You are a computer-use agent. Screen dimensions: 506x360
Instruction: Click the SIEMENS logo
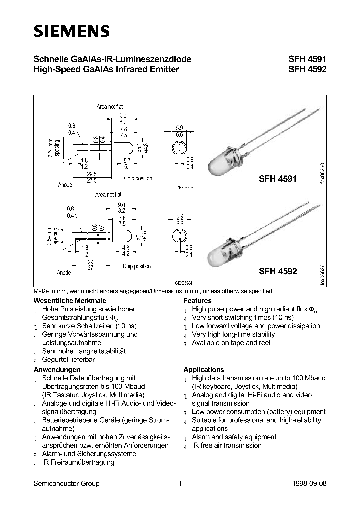click(x=71, y=31)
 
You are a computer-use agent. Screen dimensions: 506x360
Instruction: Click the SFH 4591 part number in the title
click(x=307, y=60)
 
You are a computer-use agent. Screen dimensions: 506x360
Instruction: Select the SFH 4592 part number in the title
click(x=307, y=70)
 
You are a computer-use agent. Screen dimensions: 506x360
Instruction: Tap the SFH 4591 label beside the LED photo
click(x=278, y=178)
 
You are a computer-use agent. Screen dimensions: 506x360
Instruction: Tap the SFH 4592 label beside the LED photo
click(x=278, y=272)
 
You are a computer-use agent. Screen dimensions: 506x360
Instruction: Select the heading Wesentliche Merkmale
click(x=63, y=301)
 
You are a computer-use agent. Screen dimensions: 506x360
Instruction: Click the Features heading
click(x=197, y=301)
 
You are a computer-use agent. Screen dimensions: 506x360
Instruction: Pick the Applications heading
click(x=203, y=369)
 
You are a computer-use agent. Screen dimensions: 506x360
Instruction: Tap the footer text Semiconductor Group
click(x=66, y=483)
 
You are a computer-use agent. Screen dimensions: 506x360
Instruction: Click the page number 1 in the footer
click(x=179, y=483)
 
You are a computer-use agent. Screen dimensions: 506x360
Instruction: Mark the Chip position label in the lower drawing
click(x=136, y=266)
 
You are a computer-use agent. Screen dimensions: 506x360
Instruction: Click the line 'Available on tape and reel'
click(x=231, y=343)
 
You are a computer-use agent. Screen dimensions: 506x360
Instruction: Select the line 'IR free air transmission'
click(x=226, y=445)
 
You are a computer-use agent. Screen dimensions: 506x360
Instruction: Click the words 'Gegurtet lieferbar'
click(x=68, y=360)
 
